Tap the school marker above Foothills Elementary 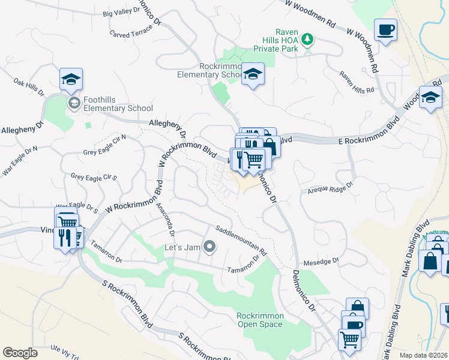coord(71,79)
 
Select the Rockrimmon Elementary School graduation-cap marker coord(253,74)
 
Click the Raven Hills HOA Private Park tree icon coord(307,40)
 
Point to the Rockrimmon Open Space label coord(259,320)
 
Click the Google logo coord(20,352)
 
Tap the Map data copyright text coord(423,355)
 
